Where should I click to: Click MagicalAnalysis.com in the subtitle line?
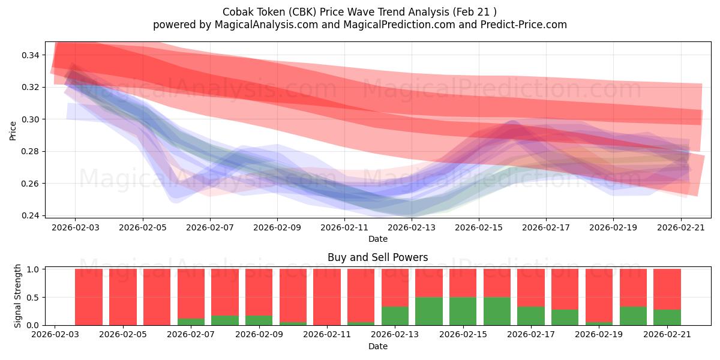click(x=266, y=25)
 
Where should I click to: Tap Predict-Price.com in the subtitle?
click(x=524, y=25)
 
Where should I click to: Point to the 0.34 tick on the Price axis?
click(x=30, y=55)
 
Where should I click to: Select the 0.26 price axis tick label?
click(x=30, y=184)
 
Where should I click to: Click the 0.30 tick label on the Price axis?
click(x=30, y=119)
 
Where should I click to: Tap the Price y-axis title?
click(x=13, y=131)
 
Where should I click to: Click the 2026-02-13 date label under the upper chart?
click(x=412, y=227)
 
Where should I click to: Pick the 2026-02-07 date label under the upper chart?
click(x=210, y=227)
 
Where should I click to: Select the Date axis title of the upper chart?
click(x=378, y=239)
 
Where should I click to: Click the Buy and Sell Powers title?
click(x=377, y=257)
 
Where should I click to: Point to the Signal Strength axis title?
click(x=17, y=296)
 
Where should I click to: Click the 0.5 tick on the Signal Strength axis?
click(x=33, y=298)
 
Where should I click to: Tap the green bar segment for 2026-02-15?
click(x=463, y=311)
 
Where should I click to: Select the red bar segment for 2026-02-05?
click(x=123, y=297)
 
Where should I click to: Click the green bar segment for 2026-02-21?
click(x=667, y=317)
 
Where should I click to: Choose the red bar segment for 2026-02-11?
click(x=327, y=297)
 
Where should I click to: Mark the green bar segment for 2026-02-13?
click(x=395, y=316)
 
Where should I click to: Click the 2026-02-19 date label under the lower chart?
click(x=599, y=335)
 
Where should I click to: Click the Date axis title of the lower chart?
click(x=378, y=346)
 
